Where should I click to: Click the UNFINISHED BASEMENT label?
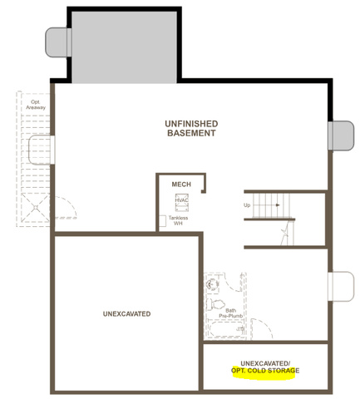[191, 128]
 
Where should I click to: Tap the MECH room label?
[181, 185]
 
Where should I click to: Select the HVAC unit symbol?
[182, 202]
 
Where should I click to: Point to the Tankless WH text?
[178, 220]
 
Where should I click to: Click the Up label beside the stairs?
[247, 205]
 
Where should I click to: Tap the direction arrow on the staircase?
[278, 205]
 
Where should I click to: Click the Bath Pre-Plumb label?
[230, 313]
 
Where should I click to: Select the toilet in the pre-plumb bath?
[215, 304]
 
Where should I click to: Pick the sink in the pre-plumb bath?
[212, 284]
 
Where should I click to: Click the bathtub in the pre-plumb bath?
[227, 329]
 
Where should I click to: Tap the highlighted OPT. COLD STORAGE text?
[265, 371]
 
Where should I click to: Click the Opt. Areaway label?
[36, 105]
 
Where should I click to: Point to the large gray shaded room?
[124, 47]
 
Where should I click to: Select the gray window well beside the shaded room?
[58, 42]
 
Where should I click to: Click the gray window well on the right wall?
[341, 135]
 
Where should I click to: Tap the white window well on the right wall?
[341, 287]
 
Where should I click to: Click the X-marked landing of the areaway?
[36, 207]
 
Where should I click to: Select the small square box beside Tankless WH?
[163, 221]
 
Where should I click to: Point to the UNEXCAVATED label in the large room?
[127, 314]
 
